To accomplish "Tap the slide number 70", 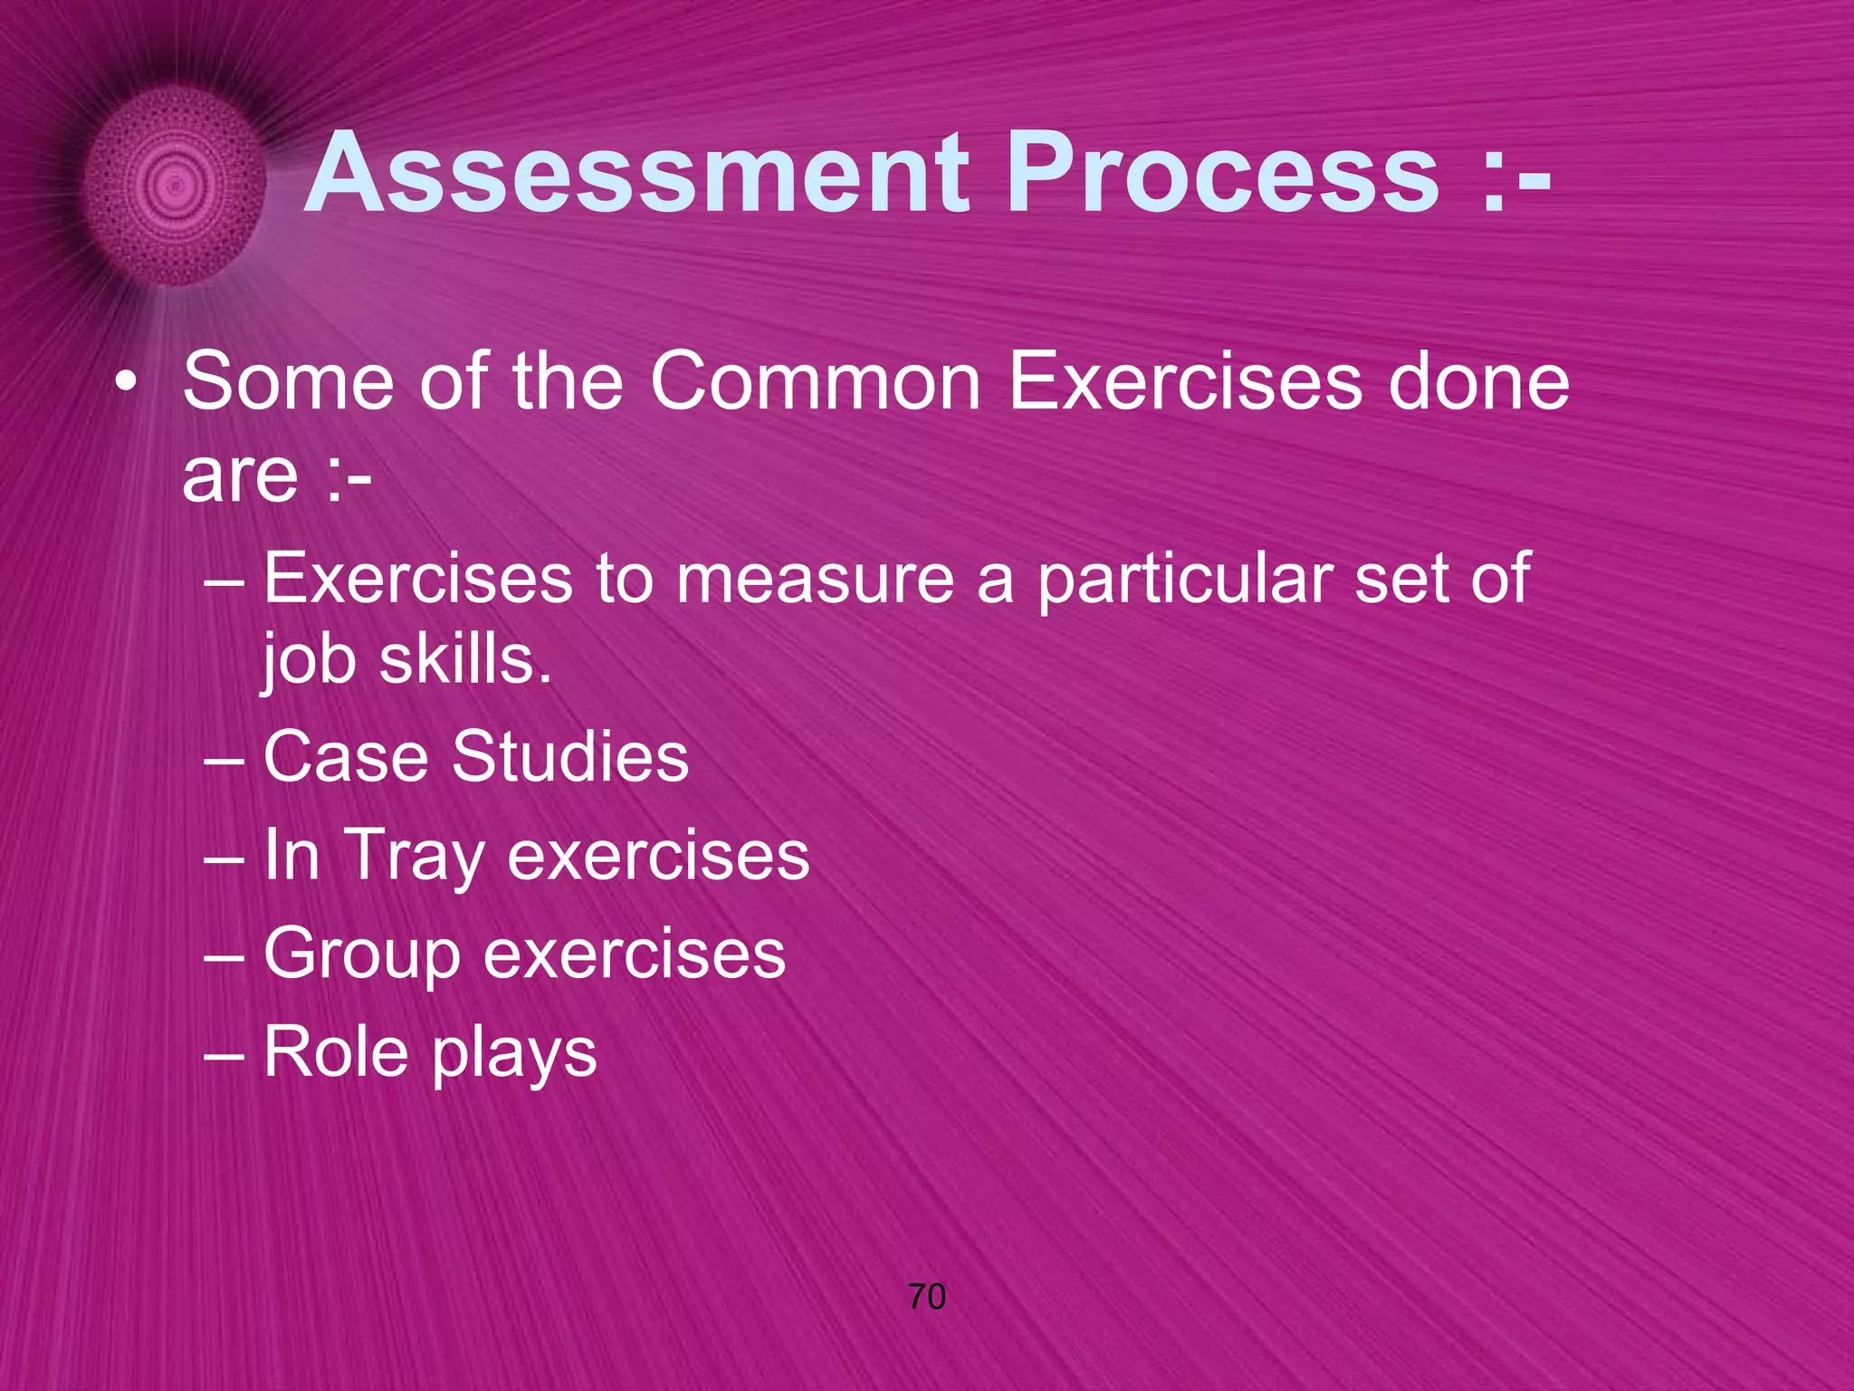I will pyautogui.click(x=926, y=1297).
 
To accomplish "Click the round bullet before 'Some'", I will pyautogui.click(x=126, y=384).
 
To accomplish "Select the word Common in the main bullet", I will pyautogui.click(x=816, y=382).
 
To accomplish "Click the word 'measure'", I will pyautogui.click(x=815, y=580).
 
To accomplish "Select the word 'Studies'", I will pyautogui.click(x=570, y=756).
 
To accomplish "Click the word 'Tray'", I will pyautogui.click(x=415, y=856).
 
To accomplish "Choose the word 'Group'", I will pyautogui.click(x=361, y=955).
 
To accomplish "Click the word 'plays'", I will pyautogui.click(x=513, y=1053).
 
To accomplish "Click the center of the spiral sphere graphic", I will pyautogui.click(x=176, y=187).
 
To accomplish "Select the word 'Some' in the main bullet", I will pyautogui.click(x=288, y=382).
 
